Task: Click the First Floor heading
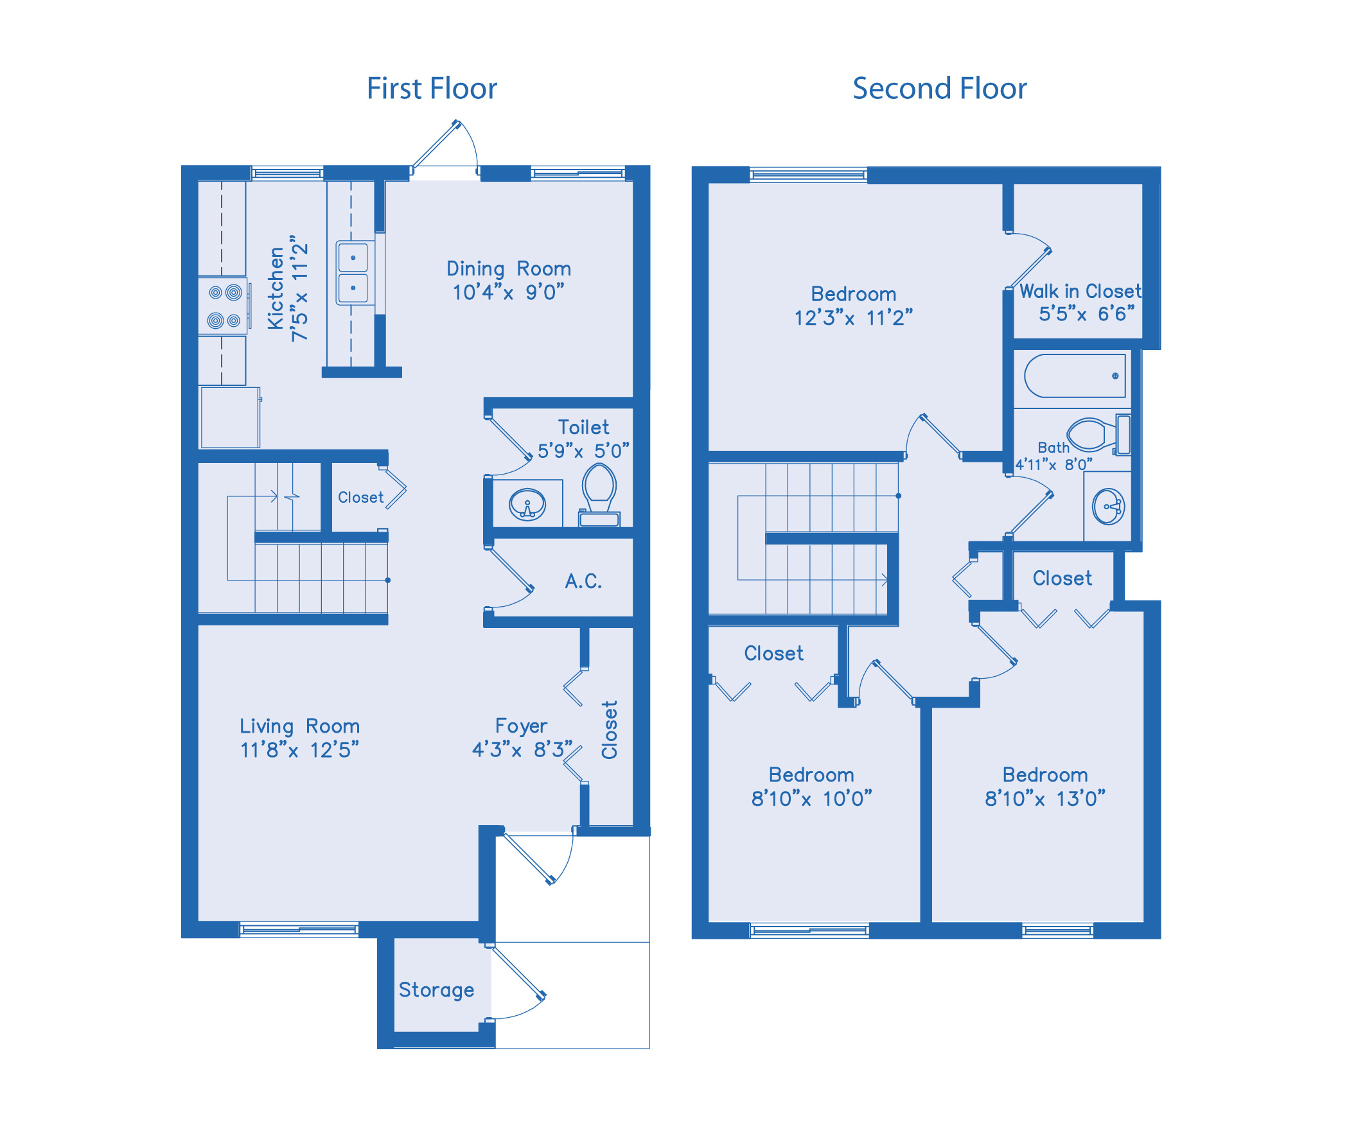(x=432, y=88)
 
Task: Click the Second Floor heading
(x=939, y=88)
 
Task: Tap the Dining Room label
(x=508, y=268)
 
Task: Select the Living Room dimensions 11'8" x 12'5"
(x=299, y=749)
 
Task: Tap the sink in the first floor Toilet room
(x=527, y=505)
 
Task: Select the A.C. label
(x=583, y=581)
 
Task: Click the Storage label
(x=436, y=990)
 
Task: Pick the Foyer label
(x=521, y=726)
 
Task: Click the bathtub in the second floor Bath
(x=1075, y=376)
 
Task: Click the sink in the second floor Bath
(x=1108, y=507)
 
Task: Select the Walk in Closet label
(x=1080, y=291)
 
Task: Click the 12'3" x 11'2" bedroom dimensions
(x=853, y=317)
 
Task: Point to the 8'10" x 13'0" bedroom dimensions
(x=1045, y=798)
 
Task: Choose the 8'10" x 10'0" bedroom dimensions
(x=811, y=798)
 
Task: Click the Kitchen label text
(x=276, y=288)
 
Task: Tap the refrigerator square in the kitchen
(x=230, y=417)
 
